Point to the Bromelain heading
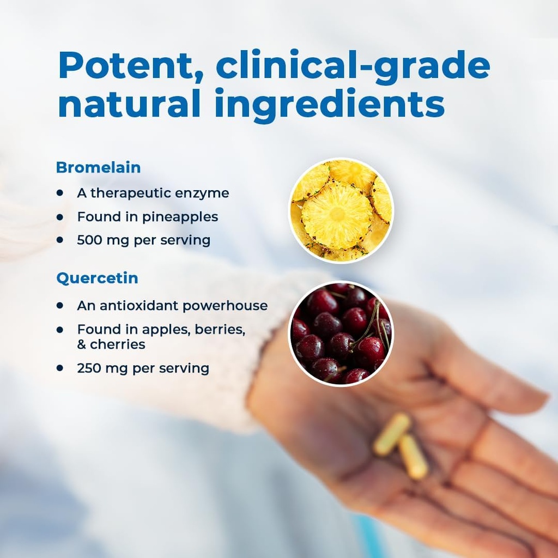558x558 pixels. pyautogui.click(x=98, y=167)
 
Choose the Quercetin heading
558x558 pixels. pyautogui.click(x=97, y=278)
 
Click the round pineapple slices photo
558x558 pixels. pyautogui.click(x=341, y=210)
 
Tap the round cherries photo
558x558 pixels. pyautogui.click(x=341, y=333)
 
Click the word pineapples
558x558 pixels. pyautogui.click(x=180, y=217)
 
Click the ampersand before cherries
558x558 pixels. pyautogui.click(x=82, y=345)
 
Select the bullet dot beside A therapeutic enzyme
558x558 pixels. pyautogui.click(x=59, y=193)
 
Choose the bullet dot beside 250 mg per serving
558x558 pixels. pyautogui.click(x=59, y=368)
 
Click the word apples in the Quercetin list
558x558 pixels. pyautogui.click(x=160, y=330)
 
